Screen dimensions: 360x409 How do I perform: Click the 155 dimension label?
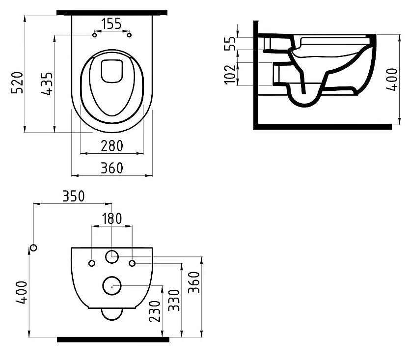[111, 24]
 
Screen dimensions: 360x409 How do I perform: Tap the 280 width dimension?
[112, 145]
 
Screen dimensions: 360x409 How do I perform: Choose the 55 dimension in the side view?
[230, 43]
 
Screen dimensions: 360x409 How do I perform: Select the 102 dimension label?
[230, 74]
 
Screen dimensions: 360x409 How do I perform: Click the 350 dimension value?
[73, 195]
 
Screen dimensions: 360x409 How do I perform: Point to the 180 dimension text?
[112, 219]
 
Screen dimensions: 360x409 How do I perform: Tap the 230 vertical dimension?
[155, 311]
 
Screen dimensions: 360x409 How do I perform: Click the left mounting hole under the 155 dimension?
[94, 35]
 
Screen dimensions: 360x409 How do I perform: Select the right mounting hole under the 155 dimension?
[130, 35]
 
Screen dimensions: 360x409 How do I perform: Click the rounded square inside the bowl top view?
[111, 71]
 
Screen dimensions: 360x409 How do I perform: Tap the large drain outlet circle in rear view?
[112, 285]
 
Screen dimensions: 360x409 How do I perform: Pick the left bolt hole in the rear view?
[92, 263]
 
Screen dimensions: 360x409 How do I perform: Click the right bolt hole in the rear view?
[132, 263]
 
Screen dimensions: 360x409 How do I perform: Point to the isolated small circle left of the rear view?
[33, 248]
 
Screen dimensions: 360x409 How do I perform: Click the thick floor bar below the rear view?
[113, 339]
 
